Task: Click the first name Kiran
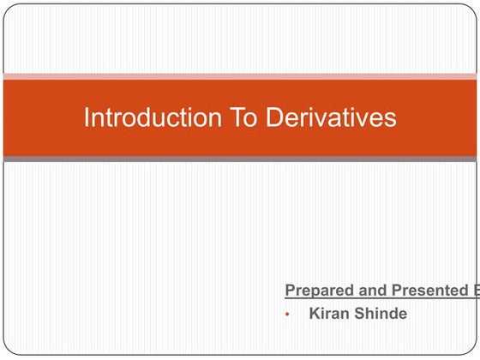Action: coord(329,314)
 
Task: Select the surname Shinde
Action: coord(381,314)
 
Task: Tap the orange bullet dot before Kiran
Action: coord(289,315)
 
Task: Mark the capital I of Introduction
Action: coord(87,117)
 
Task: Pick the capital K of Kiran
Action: coord(315,314)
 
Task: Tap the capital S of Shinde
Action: coord(361,314)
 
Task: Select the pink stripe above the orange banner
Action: coord(240,77)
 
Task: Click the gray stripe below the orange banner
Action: coord(240,159)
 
